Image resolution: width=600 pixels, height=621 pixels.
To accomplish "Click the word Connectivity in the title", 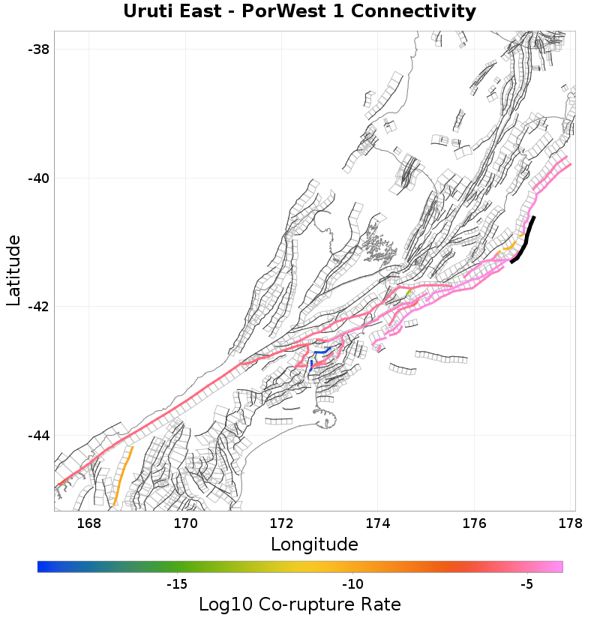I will click(411, 11).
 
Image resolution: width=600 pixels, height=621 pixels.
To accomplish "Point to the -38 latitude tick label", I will click(38, 49).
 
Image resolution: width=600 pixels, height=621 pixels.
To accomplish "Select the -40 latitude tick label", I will click(38, 178).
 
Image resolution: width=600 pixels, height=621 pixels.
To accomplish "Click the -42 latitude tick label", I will click(38, 307).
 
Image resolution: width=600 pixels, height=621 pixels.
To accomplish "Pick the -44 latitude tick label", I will click(38, 436).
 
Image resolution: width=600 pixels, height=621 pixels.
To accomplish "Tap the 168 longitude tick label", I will click(88, 523).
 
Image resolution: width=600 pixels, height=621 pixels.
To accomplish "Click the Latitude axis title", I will click(13, 270).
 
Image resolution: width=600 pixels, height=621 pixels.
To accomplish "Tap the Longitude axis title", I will click(314, 544).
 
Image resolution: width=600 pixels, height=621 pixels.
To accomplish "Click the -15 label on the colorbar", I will click(176, 583).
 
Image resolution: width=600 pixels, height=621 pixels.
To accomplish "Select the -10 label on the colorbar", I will click(352, 583).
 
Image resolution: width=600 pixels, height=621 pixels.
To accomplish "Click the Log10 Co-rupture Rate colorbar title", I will click(300, 604).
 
